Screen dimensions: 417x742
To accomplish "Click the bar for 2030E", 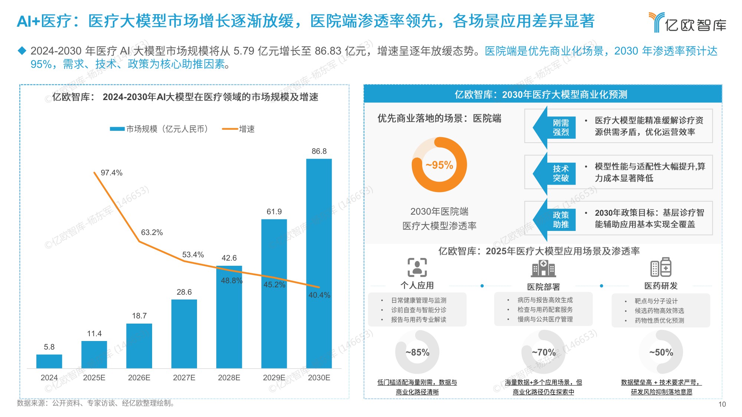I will pyautogui.click(x=319, y=263).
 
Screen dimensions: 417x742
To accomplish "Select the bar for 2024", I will pyautogui.click(x=49, y=361).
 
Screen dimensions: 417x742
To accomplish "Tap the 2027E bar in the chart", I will pyautogui.click(x=184, y=334).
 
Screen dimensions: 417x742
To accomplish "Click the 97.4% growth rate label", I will pyautogui.click(x=111, y=173).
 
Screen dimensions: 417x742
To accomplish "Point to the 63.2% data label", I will pyautogui.click(x=152, y=232).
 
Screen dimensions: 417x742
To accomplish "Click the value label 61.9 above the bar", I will pyautogui.click(x=274, y=212).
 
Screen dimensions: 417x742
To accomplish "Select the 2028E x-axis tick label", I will pyautogui.click(x=229, y=378).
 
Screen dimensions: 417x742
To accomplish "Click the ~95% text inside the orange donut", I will pyautogui.click(x=439, y=165).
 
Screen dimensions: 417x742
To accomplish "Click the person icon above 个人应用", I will pyautogui.click(x=417, y=267).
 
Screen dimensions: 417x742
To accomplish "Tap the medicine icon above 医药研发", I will pyautogui.click(x=661, y=267).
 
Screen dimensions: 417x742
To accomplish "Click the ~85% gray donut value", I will pyautogui.click(x=417, y=352).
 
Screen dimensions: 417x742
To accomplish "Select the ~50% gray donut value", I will pyautogui.click(x=661, y=352).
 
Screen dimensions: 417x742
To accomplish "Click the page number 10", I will pyautogui.click(x=722, y=404).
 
